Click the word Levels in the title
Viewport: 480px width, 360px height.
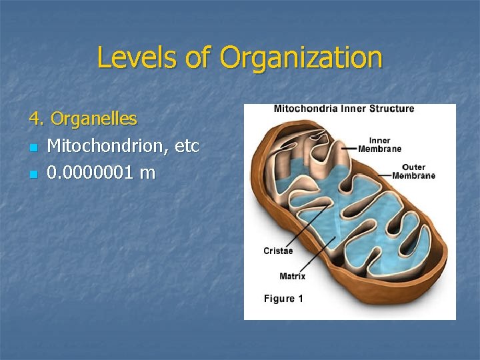pyautogui.click(x=137, y=58)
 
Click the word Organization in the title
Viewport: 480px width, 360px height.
pyautogui.click(x=301, y=58)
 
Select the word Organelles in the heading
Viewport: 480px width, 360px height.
pyautogui.click(x=94, y=119)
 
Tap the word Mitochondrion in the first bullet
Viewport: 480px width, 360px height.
pyautogui.click(x=107, y=146)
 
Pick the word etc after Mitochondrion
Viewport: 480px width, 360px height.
pyautogui.click(x=186, y=146)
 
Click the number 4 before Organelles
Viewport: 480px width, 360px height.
pyautogui.click(x=33, y=119)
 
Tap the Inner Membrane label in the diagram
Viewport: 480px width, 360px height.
pyautogui.click(x=380, y=145)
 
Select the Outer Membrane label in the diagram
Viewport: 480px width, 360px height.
pyautogui.click(x=419, y=171)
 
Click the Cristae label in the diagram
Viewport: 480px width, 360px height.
pyautogui.click(x=278, y=251)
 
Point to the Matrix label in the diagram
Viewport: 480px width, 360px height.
pyautogui.click(x=293, y=276)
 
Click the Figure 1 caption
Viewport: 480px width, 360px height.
pyautogui.click(x=283, y=299)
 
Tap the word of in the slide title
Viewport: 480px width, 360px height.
pyautogui.click(x=197, y=58)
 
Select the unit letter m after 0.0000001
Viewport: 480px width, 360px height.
pyautogui.click(x=147, y=173)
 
